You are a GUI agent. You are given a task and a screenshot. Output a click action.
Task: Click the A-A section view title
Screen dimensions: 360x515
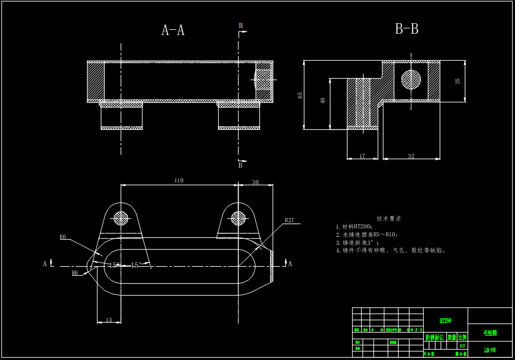click(173, 31)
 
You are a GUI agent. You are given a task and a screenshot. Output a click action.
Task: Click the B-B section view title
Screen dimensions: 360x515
click(407, 29)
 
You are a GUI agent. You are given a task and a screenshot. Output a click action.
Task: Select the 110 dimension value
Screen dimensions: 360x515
click(178, 180)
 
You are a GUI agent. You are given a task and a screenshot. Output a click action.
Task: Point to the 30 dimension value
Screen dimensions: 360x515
click(255, 182)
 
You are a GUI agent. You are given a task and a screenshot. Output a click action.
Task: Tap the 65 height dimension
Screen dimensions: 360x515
click(300, 95)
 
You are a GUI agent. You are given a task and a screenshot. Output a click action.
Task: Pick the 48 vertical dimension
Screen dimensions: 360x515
click(323, 101)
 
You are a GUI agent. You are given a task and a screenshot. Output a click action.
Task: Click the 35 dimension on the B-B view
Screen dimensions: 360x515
click(457, 81)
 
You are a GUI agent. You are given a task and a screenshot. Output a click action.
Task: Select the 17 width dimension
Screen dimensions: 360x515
click(363, 156)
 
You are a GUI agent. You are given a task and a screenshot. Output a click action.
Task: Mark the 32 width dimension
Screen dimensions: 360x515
click(411, 156)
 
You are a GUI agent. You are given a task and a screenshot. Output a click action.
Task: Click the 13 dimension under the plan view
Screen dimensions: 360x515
click(109, 320)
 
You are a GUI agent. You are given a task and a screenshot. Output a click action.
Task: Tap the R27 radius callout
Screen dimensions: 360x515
click(289, 220)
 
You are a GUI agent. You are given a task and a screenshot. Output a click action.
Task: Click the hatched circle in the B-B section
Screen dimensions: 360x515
click(410, 79)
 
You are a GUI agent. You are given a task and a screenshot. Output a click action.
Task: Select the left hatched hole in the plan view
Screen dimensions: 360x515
click(121, 218)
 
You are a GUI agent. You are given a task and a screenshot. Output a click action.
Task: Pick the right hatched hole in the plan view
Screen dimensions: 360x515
click(238, 218)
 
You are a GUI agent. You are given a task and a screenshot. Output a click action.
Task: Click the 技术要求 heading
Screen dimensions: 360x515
click(389, 218)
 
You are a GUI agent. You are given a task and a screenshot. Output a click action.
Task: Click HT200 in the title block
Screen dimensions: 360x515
click(445, 321)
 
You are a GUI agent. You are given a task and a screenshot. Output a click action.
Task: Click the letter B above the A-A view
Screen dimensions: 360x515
click(240, 26)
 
